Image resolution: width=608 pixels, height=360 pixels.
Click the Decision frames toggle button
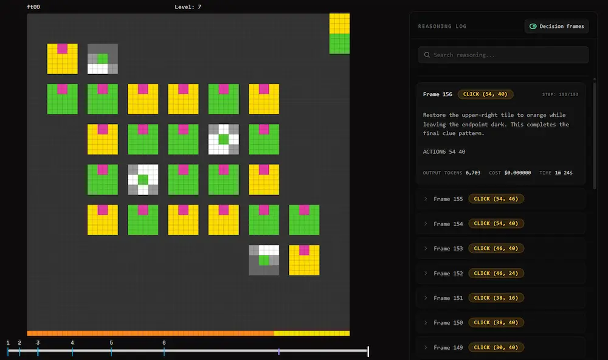coord(556,26)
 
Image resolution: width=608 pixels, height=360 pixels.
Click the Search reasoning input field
coord(503,55)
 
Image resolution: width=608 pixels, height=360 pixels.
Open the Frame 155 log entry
coord(500,199)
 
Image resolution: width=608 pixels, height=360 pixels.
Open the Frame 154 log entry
coord(500,224)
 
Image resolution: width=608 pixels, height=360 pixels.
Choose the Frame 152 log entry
coord(500,274)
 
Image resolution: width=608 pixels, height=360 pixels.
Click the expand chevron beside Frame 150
coord(426,323)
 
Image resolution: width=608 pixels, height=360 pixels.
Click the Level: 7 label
coord(188,7)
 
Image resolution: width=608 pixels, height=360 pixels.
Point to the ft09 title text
coord(33,7)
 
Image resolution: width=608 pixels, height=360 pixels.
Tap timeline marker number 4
coord(72,343)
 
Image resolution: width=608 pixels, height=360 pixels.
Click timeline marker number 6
coord(164,343)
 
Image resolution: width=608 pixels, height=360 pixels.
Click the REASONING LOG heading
coord(442,26)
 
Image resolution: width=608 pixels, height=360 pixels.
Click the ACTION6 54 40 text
coord(444,151)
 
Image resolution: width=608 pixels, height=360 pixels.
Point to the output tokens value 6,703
coord(473,173)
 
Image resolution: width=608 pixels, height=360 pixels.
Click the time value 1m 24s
coord(564,173)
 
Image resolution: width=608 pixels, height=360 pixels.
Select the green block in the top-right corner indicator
coord(339,44)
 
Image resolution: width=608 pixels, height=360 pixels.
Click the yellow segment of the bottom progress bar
coord(312,333)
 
